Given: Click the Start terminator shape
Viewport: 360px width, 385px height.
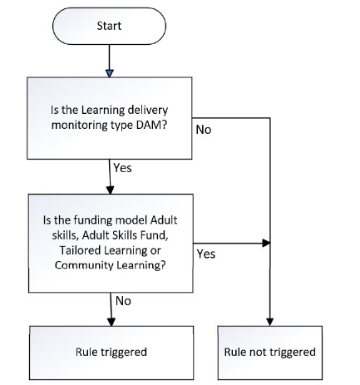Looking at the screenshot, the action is pyautogui.click(x=109, y=26).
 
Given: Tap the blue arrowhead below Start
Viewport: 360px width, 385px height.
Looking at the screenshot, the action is pyautogui.click(x=110, y=73).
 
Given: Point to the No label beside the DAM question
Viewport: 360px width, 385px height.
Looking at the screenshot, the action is pyautogui.click(x=204, y=130).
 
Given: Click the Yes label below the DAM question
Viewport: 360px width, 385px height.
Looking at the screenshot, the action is pyautogui.click(x=122, y=168).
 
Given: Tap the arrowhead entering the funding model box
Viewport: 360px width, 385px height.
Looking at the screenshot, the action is pyautogui.click(x=111, y=190).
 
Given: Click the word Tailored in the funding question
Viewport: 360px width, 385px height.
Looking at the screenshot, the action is pyautogui.click(x=81, y=250).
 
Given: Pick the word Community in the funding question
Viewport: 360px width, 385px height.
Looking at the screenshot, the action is pyautogui.click(x=84, y=265).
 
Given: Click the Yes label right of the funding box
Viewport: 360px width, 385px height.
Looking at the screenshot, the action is pyautogui.click(x=206, y=254).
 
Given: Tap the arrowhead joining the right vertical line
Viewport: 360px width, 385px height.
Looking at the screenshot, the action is pyautogui.click(x=266, y=244).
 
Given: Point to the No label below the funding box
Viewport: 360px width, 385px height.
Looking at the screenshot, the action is pyautogui.click(x=123, y=301).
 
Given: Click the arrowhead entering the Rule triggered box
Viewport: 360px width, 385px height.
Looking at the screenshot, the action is pyautogui.click(x=111, y=322).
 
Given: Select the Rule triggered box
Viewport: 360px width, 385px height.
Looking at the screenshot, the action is pyautogui.click(x=111, y=353).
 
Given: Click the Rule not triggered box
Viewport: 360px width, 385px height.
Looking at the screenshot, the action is pyautogui.click(x=270, y=353).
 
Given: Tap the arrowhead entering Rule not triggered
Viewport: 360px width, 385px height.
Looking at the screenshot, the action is pyautogui.click(x=270, y=322).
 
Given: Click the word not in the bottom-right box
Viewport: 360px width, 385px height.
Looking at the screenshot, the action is pyautogui.click(x=258, y=353).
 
